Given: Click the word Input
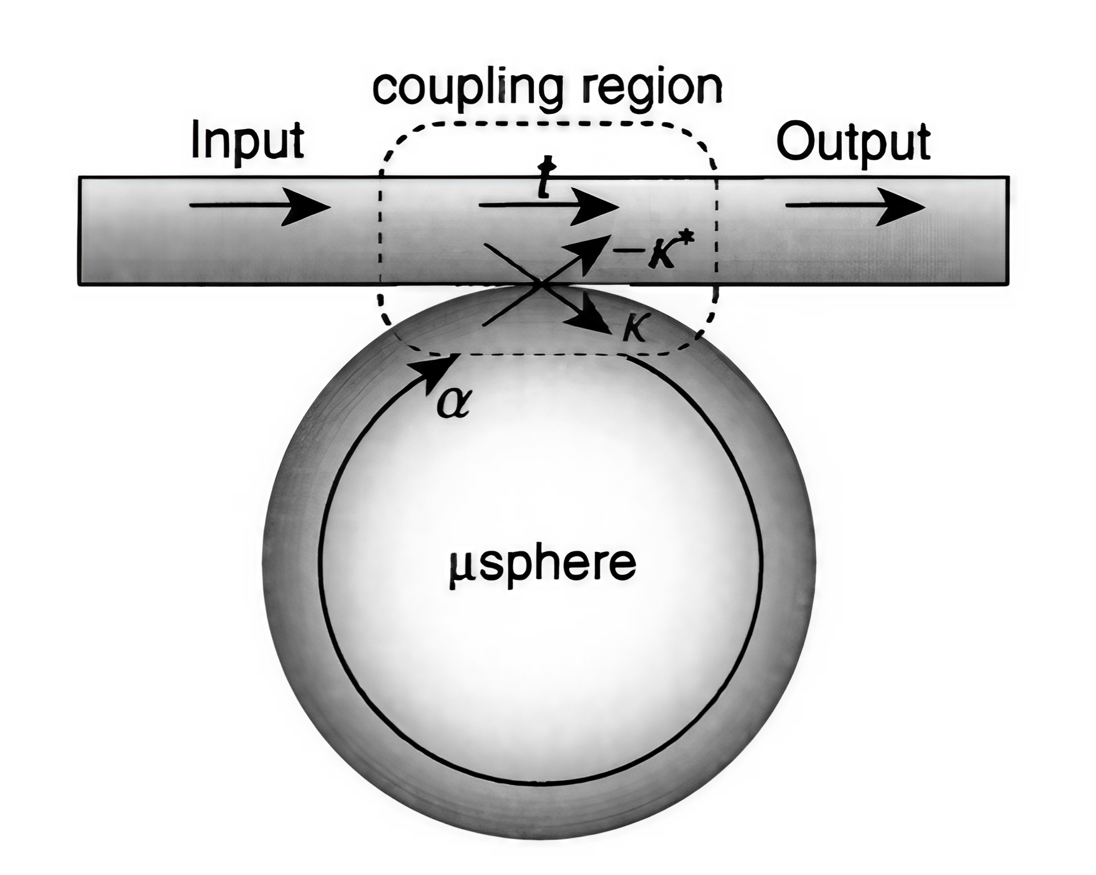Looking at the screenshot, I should [247, 141].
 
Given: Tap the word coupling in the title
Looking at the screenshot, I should [468, 89].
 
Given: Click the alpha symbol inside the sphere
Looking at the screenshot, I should [454, 403].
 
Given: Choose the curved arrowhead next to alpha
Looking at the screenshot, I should [435, 369].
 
